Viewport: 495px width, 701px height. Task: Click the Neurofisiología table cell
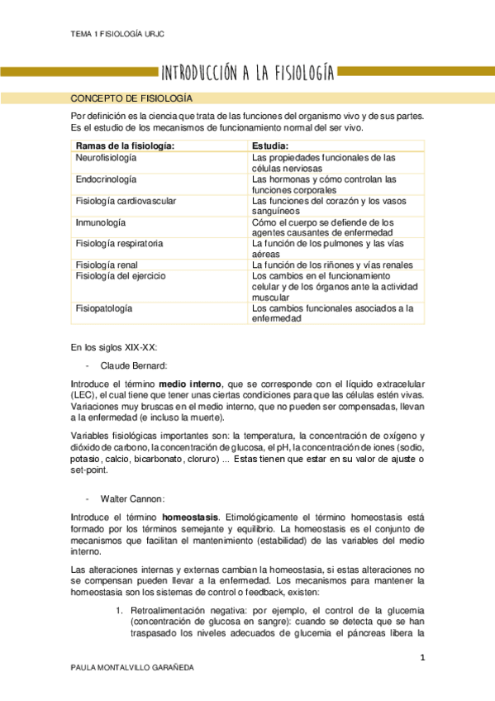point(106,157)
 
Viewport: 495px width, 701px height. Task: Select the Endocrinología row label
point(106,179)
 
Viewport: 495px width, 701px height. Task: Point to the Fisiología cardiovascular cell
point(125,201)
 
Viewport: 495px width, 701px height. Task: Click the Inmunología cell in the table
point(100,222)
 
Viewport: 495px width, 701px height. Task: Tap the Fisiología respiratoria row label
point(119,244)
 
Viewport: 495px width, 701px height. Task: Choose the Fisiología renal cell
point(107,265)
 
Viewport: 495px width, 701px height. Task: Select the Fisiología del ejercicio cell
point(121,275)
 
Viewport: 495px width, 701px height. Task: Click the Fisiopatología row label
point(103,308)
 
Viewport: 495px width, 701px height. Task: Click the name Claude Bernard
point(134,365)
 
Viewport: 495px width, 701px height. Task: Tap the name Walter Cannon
point(132,498)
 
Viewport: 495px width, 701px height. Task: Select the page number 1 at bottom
point(421,657)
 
